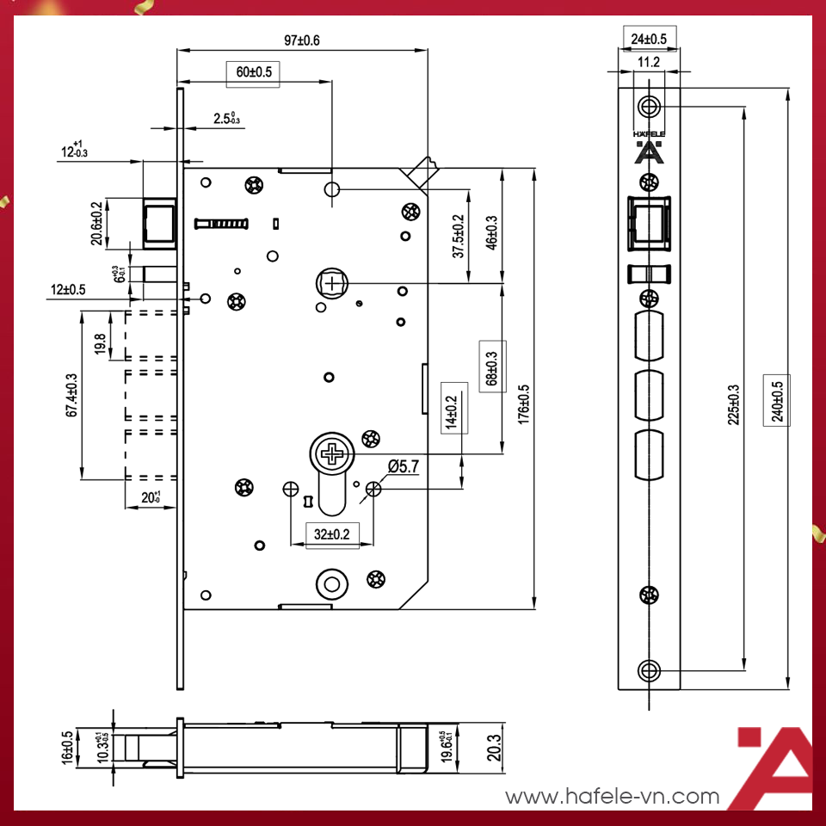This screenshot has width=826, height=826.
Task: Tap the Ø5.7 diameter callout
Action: click(x=404, y=465)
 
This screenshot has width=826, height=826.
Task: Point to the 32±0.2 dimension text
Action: click(x=331, y=534)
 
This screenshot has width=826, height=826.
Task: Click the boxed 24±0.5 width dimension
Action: click(x=649, y=39)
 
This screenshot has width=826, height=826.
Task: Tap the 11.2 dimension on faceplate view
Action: click(x=649, y=61)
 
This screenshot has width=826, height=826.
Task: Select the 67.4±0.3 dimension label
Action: click(x=72, y=395)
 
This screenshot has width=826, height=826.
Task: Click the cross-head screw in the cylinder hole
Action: click(x=330, y=453)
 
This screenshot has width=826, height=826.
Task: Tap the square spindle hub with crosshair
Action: click(x=331, y=282)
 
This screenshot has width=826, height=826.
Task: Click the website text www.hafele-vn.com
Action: click(x=612, y=797)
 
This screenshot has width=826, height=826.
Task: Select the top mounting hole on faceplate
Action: click(x=649, y=107)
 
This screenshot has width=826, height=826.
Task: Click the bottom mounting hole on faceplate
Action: click(x=649, y=670)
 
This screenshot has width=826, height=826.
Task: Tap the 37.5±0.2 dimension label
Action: click(x=459, y=237)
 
